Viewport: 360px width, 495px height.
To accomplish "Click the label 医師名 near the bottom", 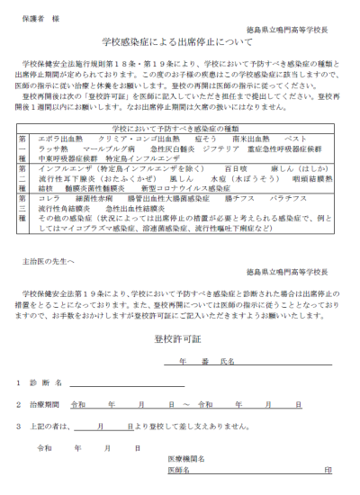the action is coord(179,469).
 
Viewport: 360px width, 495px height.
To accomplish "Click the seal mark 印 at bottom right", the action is coord(328,469).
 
